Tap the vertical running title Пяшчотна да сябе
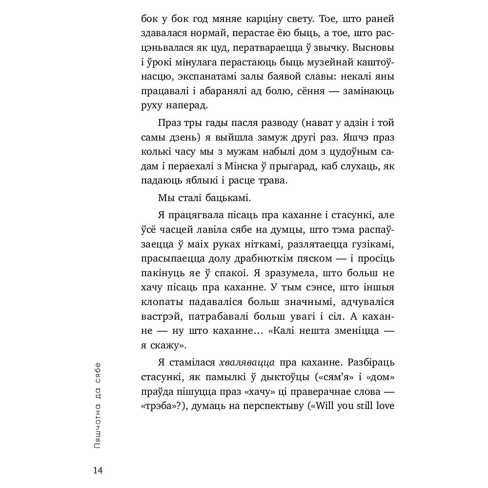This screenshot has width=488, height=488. coord(98,406)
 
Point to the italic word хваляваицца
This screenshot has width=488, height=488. coord(247,363)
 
